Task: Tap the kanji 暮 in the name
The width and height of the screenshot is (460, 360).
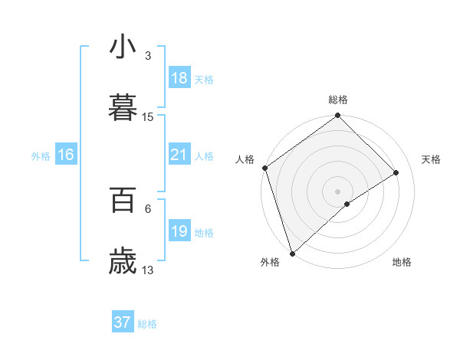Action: tap(123, 107)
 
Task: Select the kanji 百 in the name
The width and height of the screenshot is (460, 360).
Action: tap(123, 200)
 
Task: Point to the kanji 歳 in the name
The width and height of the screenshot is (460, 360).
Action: tap(123, 260)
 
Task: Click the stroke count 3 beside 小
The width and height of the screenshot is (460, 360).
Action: tap(148, 56)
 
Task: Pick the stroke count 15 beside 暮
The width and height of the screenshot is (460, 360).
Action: tap(148, 116)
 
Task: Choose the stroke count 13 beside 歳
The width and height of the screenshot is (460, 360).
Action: tap(148, 270)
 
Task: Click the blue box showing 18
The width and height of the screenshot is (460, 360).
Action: tap(179, 78)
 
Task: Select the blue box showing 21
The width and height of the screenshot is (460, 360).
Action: tap(179, 155)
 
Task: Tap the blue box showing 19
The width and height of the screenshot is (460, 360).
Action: tap(179, 231)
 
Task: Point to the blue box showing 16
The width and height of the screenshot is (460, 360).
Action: tap(66, 155)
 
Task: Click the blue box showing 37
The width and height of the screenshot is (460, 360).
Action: tap(123, 322)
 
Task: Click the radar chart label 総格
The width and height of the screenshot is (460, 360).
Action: tap(338, 100)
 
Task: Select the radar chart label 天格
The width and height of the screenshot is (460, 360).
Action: tap(432, 159)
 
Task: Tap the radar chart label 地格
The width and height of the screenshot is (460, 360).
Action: tap(402, 262)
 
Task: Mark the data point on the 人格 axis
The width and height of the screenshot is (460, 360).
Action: tap(264, 168)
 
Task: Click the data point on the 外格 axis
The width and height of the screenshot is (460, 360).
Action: tap(291, 253)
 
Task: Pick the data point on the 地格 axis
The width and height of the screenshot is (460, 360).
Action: tap(347, 204)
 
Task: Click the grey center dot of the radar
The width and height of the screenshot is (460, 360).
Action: tap(337, 191)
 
